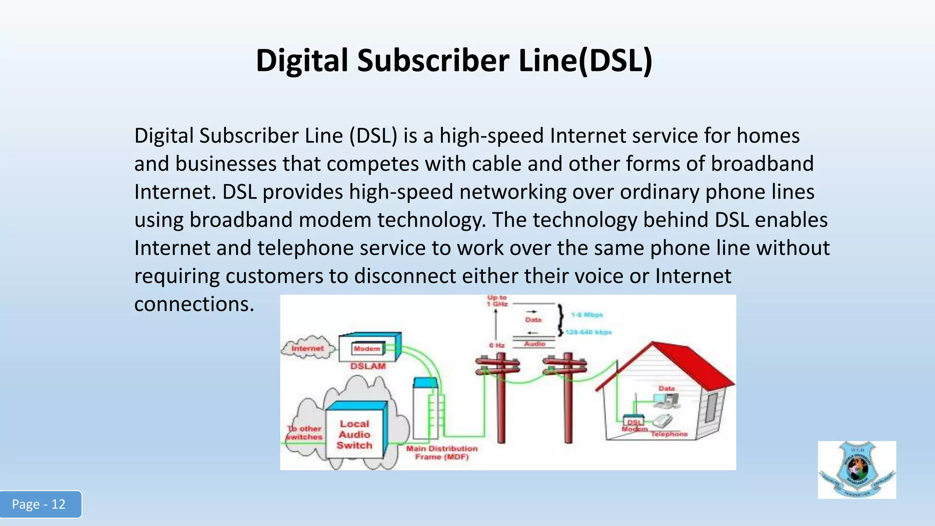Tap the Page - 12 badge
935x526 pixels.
pos(39,504)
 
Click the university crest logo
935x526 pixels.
pos(856,469)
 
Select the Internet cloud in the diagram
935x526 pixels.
pos(307,348)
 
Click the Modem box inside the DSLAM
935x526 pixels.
pos(367,349)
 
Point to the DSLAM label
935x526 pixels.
pos(368,366)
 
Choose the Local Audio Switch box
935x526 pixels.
pos(354,434)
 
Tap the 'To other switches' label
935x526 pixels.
pos(305,432)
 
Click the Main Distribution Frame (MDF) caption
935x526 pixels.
pos(441,452)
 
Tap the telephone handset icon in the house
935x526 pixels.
pos(663,420)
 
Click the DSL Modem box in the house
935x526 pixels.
pos(634,421)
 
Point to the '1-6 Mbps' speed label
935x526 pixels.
pos(587,315)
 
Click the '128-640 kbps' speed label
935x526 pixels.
pos(589,332)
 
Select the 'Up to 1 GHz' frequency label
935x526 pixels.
pos(497,300)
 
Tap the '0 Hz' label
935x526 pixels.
pos(497,345)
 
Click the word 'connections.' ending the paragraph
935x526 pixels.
pos(194,304)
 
